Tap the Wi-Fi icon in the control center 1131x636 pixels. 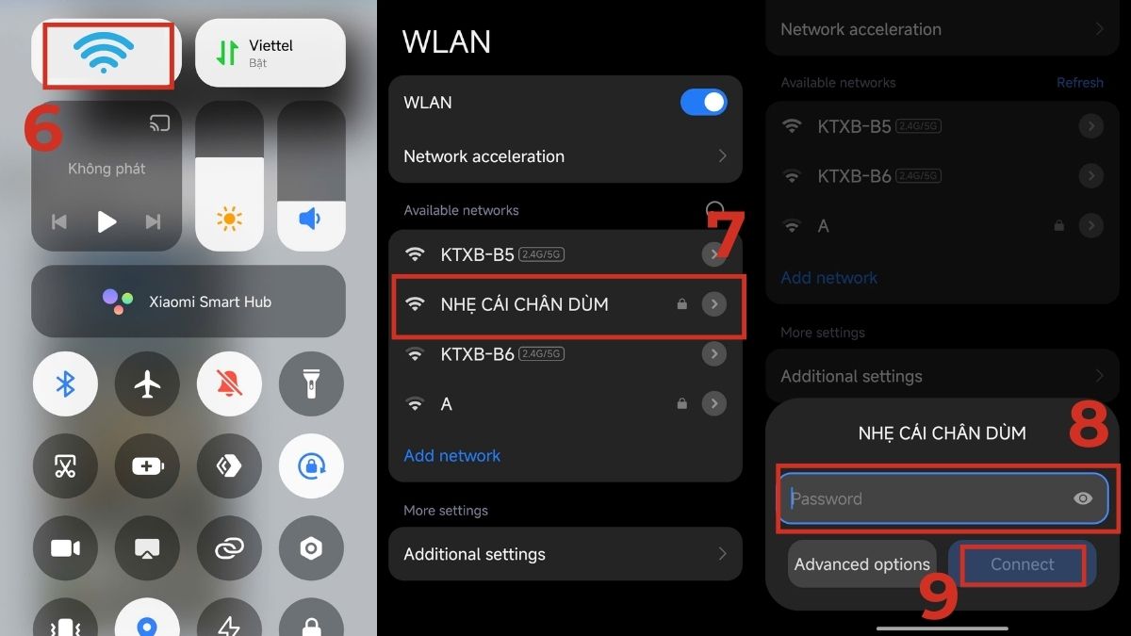(103, 53)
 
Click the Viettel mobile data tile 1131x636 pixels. (270, 53)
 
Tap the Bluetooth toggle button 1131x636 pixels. (65, 383)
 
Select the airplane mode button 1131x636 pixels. (147, 383)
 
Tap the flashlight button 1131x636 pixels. (310, 383)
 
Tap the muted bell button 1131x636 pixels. (229, 383)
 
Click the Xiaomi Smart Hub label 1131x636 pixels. (209, 302)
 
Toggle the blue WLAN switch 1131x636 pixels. (703, 103)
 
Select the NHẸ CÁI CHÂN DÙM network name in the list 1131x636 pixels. (524, 304)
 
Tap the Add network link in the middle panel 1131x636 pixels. (451, 455)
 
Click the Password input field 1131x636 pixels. (924, 498)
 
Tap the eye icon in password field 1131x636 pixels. (1083, 498)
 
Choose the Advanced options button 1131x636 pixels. (861, 564)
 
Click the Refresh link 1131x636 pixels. (1079, 83)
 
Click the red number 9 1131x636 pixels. (938, 597)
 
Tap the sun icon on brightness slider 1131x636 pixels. (229, 220)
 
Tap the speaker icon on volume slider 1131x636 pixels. (310, 220)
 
